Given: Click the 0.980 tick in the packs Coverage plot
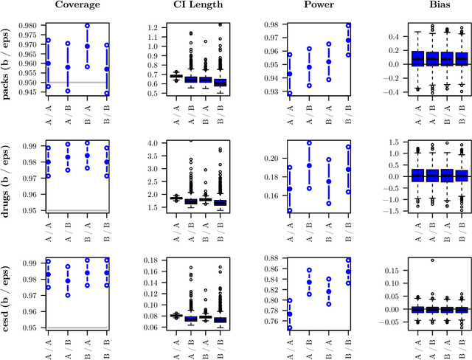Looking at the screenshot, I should pos(29,26).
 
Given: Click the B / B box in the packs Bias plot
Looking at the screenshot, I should pos(462,59).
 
